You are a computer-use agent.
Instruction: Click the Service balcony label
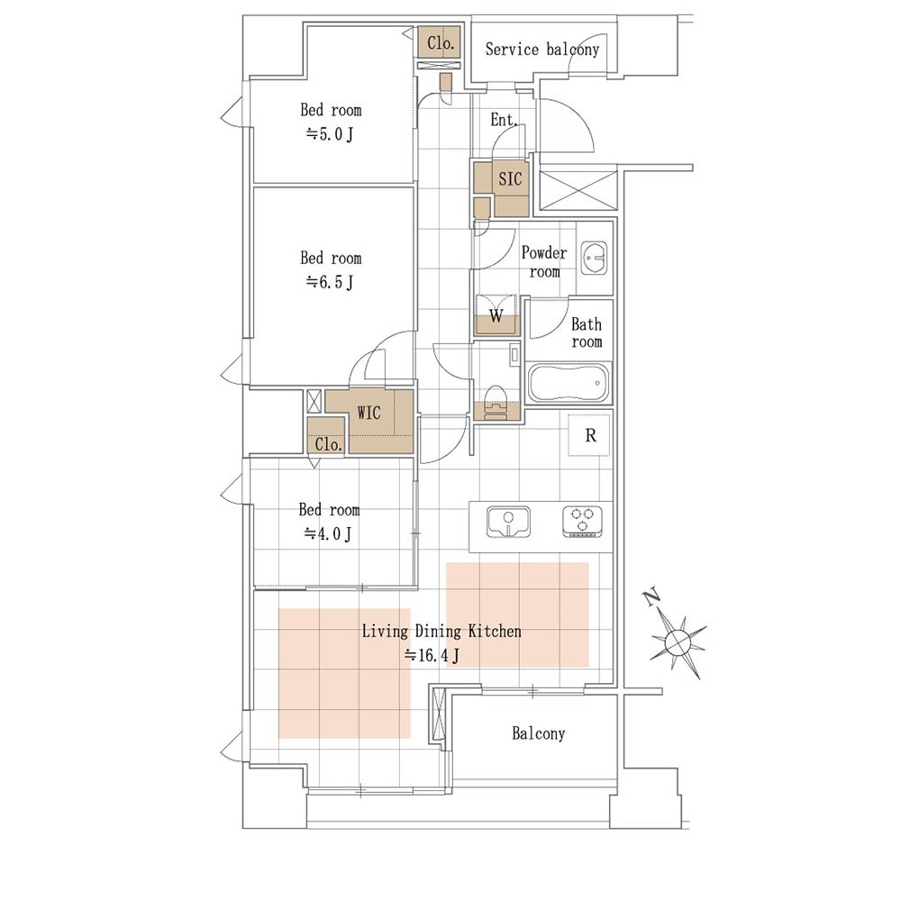(x=542, y=50)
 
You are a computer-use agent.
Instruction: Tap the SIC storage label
(x=510, y=179)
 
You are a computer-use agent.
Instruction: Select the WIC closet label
(x=369, y=413)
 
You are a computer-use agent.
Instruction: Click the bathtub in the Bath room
(x=569, y=382)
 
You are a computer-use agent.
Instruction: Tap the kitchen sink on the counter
(x=508, y=522)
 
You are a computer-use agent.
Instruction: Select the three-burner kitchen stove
(x=582, y=522)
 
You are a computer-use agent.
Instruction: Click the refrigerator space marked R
(x=589, y=435)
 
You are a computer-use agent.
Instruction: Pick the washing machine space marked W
(x=496, y=314)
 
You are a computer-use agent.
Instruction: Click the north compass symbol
(x=678, y=642)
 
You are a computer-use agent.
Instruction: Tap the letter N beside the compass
(x=651, y=597)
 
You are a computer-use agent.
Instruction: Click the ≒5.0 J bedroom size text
(x=329, y=134)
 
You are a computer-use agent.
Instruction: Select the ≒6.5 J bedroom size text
(x=329, y=282)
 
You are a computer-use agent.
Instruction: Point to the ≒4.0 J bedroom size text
(x=328, y=534)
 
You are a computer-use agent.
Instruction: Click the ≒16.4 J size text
(x=432, y=655)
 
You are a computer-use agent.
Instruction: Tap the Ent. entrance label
(x=504, y=120)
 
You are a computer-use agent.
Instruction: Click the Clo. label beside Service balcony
(x=441, y=42)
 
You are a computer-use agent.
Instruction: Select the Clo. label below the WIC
(x=328, y=444)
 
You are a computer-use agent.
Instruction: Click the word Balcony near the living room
(x=539, y=733)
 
